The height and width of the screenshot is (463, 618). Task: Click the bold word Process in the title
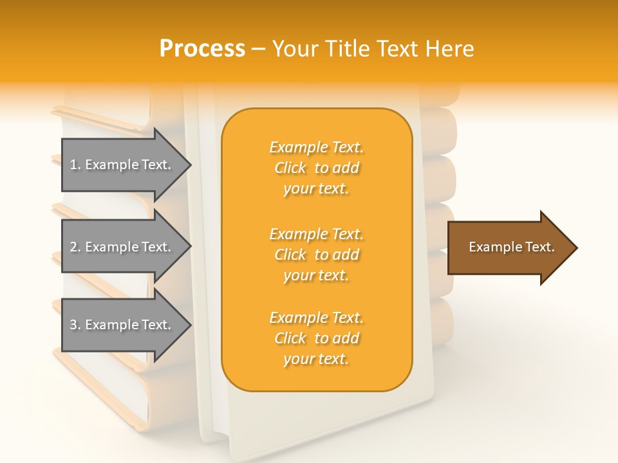202,49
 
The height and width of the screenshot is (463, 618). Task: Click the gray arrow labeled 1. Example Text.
122,165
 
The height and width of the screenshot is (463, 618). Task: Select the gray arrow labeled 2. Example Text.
122,247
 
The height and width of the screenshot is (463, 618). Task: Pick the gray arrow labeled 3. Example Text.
122,325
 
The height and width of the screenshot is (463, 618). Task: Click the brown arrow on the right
509,248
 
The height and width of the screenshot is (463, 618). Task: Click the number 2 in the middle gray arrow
73,247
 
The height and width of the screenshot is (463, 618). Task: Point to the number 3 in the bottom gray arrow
73,325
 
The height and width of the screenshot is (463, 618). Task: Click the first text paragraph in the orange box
316,168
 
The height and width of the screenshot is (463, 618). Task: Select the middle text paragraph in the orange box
316,255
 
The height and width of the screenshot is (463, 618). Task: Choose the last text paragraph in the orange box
316,338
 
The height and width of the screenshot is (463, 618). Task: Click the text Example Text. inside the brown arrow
511,247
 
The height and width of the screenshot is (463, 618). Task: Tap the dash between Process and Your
258,50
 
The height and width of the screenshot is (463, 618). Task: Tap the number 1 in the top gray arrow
73,165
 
